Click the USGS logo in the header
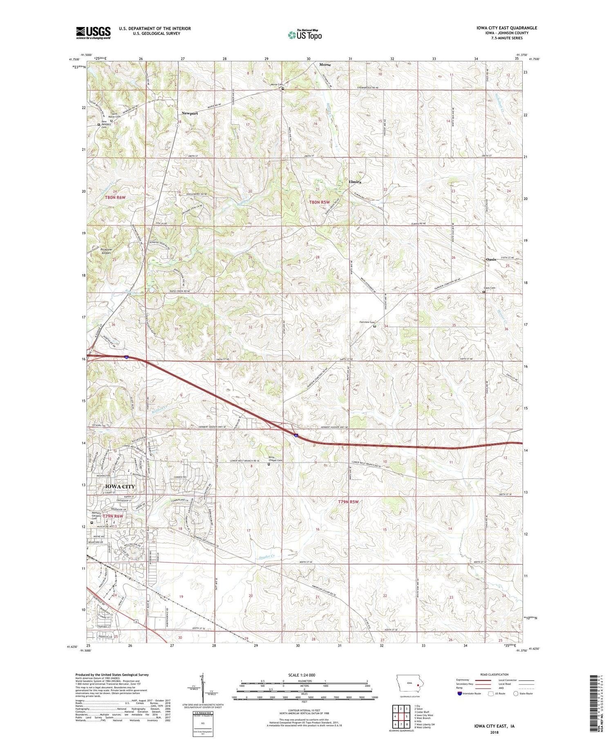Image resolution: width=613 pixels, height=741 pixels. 93,33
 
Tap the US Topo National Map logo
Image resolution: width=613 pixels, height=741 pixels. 304,35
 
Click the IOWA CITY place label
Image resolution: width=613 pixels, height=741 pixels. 120,486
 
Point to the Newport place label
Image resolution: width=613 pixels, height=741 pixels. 190,113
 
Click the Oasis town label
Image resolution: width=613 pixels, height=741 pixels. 491,260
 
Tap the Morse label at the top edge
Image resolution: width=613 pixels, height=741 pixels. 325,65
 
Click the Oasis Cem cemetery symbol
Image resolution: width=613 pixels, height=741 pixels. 484,292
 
